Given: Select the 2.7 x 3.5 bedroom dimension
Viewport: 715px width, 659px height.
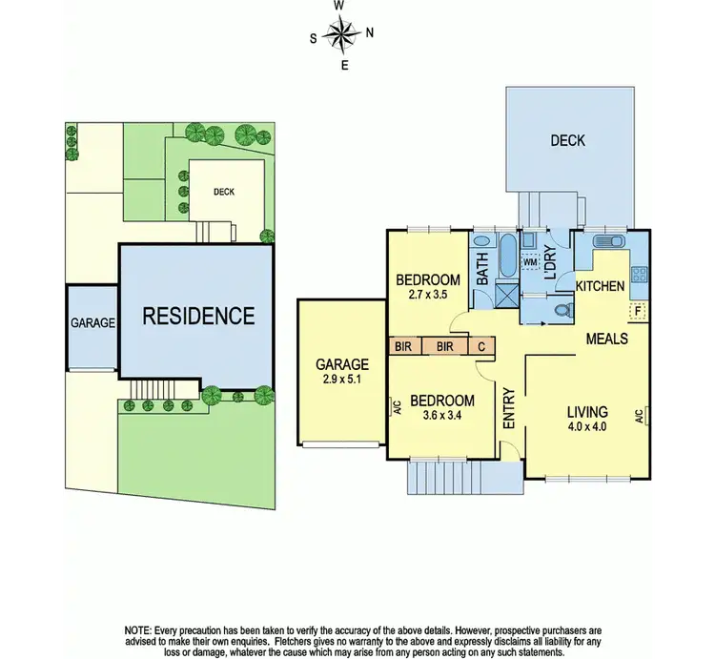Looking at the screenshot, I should (x=428, y=295).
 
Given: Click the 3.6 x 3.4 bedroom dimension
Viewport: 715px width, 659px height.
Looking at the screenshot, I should (x=442, y=416).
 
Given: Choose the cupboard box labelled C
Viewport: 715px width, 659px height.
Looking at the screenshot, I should (x=481, y=346).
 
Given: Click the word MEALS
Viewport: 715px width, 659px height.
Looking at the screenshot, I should (x=606, y=339).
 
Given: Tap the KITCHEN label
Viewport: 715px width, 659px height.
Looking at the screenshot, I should (x=601, y=286).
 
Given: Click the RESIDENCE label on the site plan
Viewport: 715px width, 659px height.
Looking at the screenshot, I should (x=198, y=316).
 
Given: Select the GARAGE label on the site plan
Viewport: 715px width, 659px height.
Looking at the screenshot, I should (x=92, y=323).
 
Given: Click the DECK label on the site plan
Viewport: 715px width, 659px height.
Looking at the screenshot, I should (x=224, y=192).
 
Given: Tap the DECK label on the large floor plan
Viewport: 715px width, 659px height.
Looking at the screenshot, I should (x=567, y=141).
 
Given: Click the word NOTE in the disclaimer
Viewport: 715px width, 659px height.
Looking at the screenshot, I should (x=141, y=630).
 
